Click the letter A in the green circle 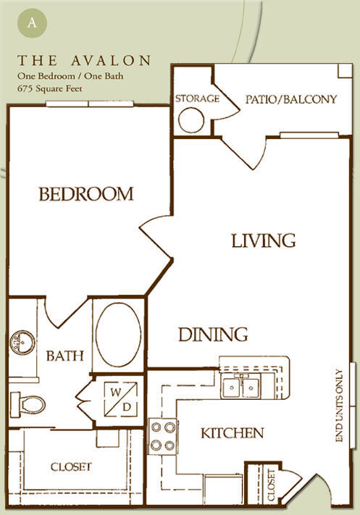click(x=32, y=23)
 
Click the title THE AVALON click(x=84, y=60)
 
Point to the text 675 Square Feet click(x=50, y=88)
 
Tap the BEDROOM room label click(x=86, y=194)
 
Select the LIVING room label click(x=264, y=240)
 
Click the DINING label click(x=213, y=335)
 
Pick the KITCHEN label click(x=233, y=433)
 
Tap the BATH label click(x=65, y=356)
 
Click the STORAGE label click(x=197, y=99)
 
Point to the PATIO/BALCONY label click(x=291, y=99)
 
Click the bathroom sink click(x=22, y=342)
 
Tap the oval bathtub click(x=118, y=335)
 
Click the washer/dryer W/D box click(x=121, y=399)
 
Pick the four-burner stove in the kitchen click(x=163, y=437)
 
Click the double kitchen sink click(x=241, y=388)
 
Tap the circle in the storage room click(x=191, y=120)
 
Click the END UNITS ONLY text click(x=339, y=406)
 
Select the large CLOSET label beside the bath click(x=71, y=466)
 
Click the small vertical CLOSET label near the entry click(x=272, y=485)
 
